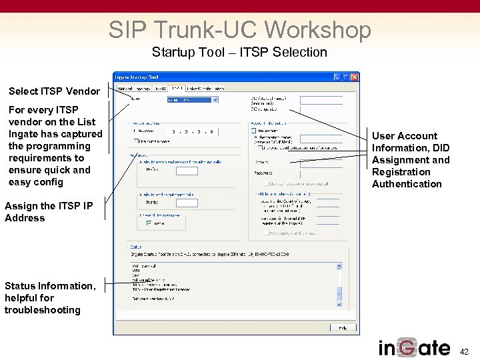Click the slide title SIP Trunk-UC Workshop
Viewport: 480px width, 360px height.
tap(239, 29)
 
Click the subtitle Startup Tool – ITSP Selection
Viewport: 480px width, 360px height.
tap(239, 52)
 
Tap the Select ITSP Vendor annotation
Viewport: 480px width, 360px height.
tap(54, 91)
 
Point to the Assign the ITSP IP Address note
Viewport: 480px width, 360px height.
tap(49, 212)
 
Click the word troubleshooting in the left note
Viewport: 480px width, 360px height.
tap(42, 310)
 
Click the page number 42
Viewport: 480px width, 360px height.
tap(465, 351)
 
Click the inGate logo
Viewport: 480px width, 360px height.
tap(414, 348)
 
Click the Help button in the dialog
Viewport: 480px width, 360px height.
tap(343, 327)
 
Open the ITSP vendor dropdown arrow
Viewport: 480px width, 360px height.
tap(215, 100)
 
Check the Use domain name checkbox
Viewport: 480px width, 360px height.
tap(137, 141)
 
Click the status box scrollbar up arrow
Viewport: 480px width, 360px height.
tap(339, 266)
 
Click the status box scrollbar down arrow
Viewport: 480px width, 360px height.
tap(339, 299)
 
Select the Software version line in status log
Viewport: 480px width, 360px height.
tap(153, 298)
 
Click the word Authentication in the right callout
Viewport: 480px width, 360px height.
tap(407, 184)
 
